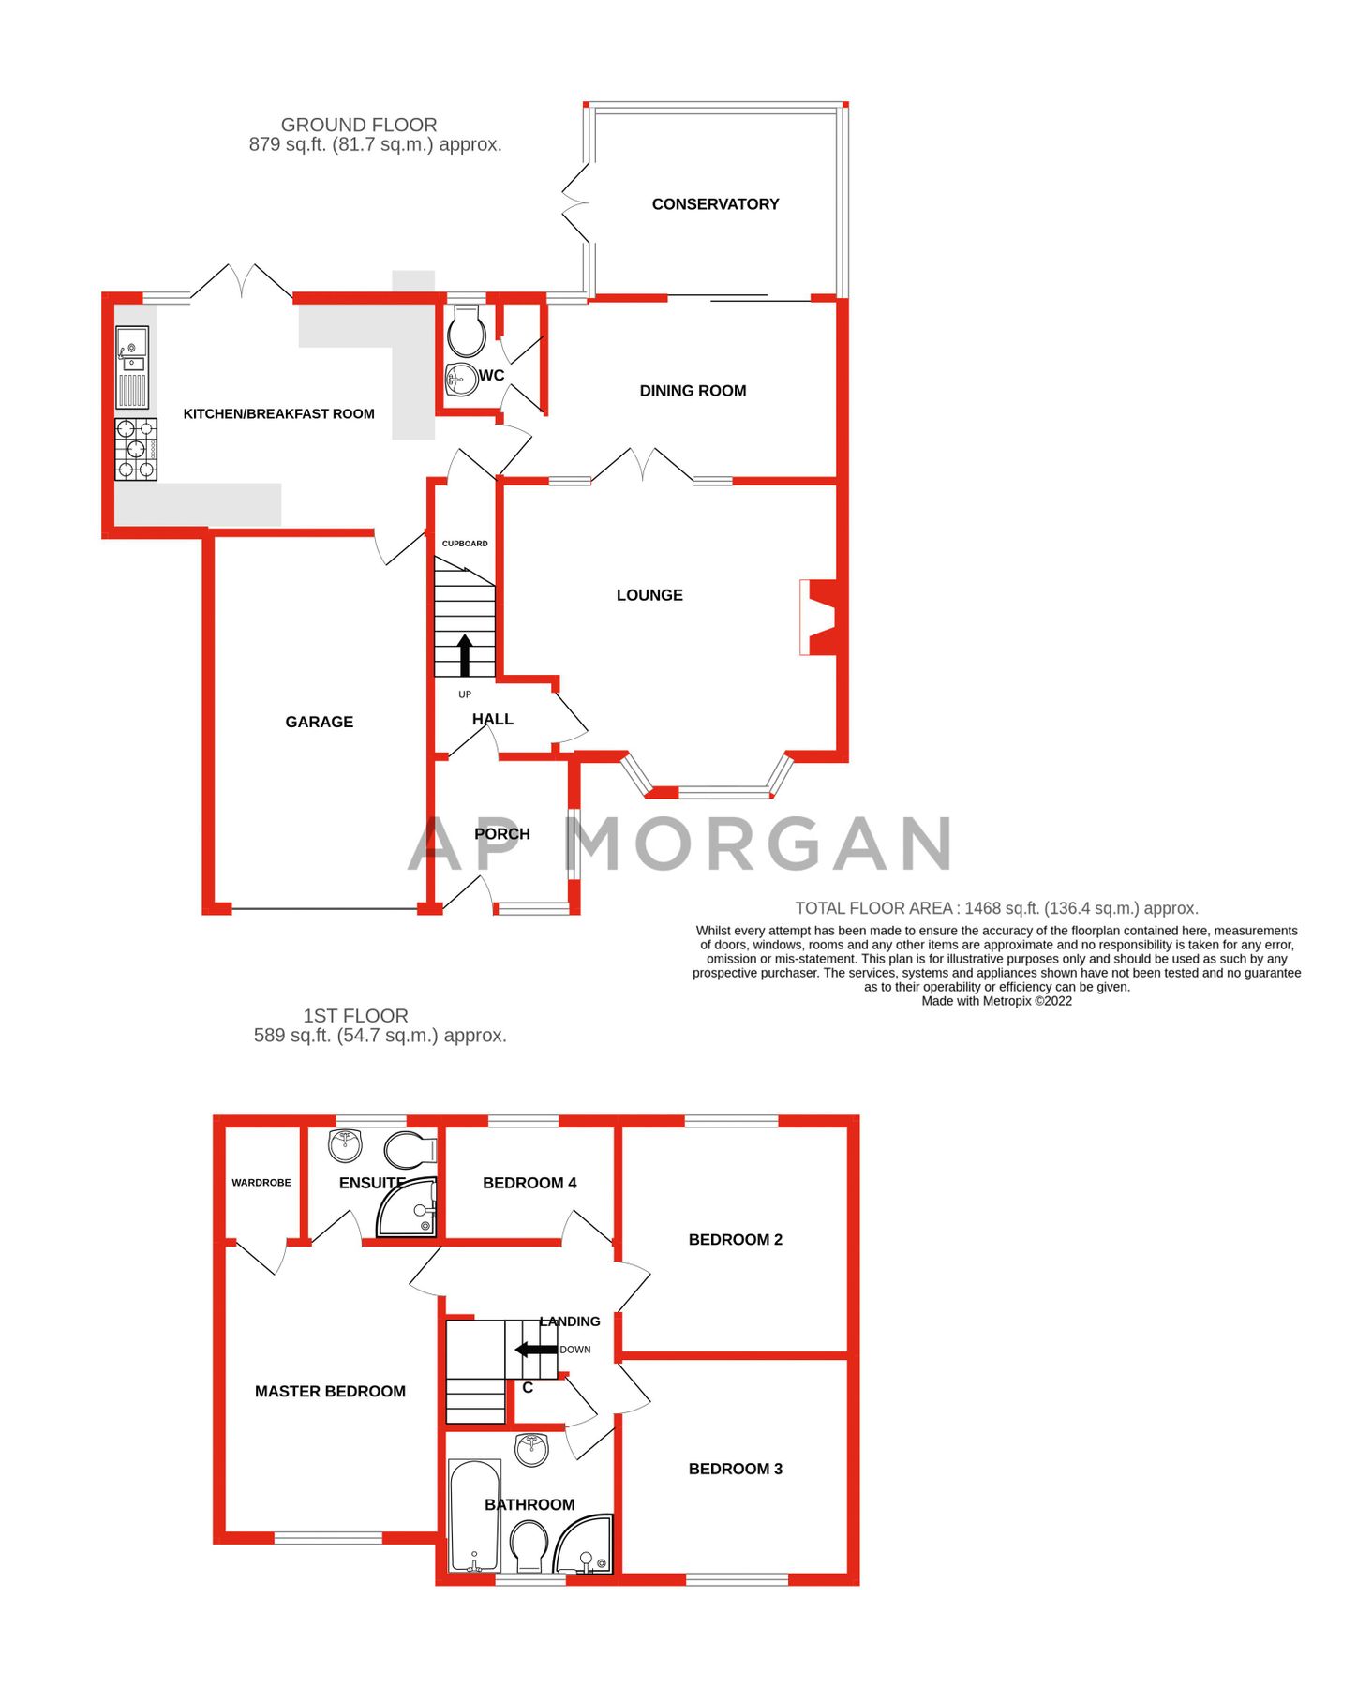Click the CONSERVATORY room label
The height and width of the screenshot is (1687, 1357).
point(715,204)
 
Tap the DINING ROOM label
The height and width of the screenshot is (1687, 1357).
point(693,391)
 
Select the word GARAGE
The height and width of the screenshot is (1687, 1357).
point(319,722)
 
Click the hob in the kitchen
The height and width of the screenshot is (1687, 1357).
point(136,449)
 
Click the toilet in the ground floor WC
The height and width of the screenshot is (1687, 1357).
point(466,329)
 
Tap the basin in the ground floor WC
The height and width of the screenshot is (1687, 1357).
point(460,380)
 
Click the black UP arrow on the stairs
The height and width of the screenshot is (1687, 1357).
point(465,655)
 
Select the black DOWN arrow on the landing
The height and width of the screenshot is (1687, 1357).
point(536,1350)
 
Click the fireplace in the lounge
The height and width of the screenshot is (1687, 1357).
point(815,617)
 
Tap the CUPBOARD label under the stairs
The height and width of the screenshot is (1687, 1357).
point(465,544)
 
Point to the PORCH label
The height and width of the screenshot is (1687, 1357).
point(502,834)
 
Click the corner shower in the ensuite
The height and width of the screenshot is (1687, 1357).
point(409,1208)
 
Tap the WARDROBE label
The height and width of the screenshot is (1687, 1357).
point(261,1183)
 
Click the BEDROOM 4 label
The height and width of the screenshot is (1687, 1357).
point(529,1183)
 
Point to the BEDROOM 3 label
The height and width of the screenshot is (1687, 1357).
point(735,1469)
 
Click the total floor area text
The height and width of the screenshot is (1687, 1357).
point(996,908)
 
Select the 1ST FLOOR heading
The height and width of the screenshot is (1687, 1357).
point(355,1016)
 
